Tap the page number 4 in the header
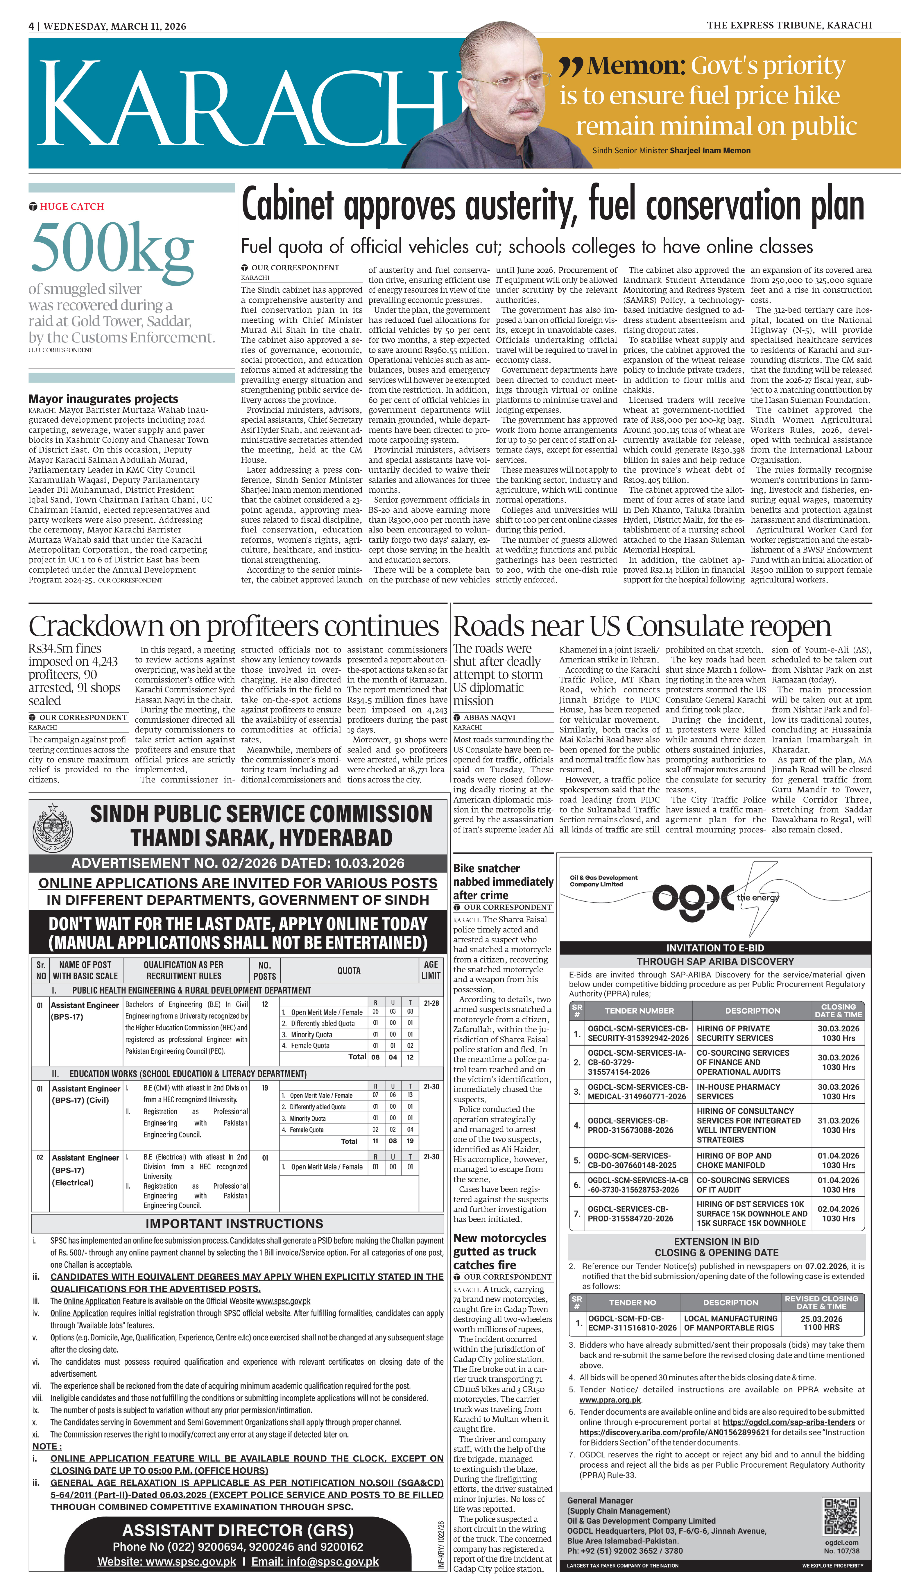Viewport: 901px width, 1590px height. coord(31,26)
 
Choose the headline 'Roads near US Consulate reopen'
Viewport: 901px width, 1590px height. coord(642,626)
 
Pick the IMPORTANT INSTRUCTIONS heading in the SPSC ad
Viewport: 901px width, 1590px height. coord(234,1223)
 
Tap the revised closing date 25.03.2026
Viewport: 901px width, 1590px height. coord(821,1319)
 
